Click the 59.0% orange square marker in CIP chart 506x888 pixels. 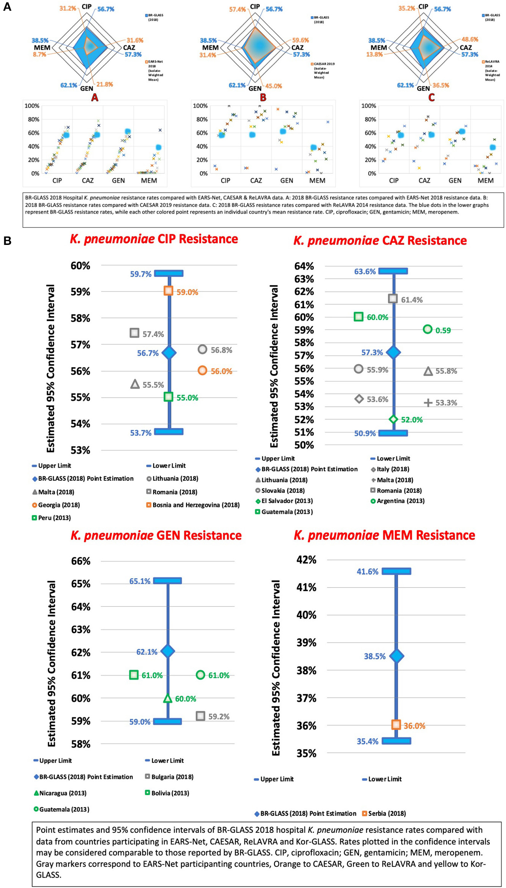pos(168,291)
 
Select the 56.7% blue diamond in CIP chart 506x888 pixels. pos(169,353)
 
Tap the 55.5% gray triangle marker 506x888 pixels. pos(135,384)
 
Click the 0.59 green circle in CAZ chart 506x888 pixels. pos(428,329)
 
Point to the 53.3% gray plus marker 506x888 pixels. pos(428,403)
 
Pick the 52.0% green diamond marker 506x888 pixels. pos(393,419)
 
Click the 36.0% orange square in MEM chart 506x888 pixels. pos(396,725)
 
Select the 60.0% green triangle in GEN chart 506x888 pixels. pos(167,698)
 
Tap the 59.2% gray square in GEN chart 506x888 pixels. pos(200,716)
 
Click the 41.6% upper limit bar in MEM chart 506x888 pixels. pos(396,571)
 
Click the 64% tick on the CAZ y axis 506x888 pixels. pos(304,266)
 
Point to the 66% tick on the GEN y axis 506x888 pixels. pos(81,561)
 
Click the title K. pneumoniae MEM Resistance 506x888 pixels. pos(384,535)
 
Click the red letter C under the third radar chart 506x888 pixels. pos(432,97)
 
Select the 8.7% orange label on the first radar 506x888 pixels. pos(39,54)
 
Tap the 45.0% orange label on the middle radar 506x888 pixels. pos(274,86)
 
